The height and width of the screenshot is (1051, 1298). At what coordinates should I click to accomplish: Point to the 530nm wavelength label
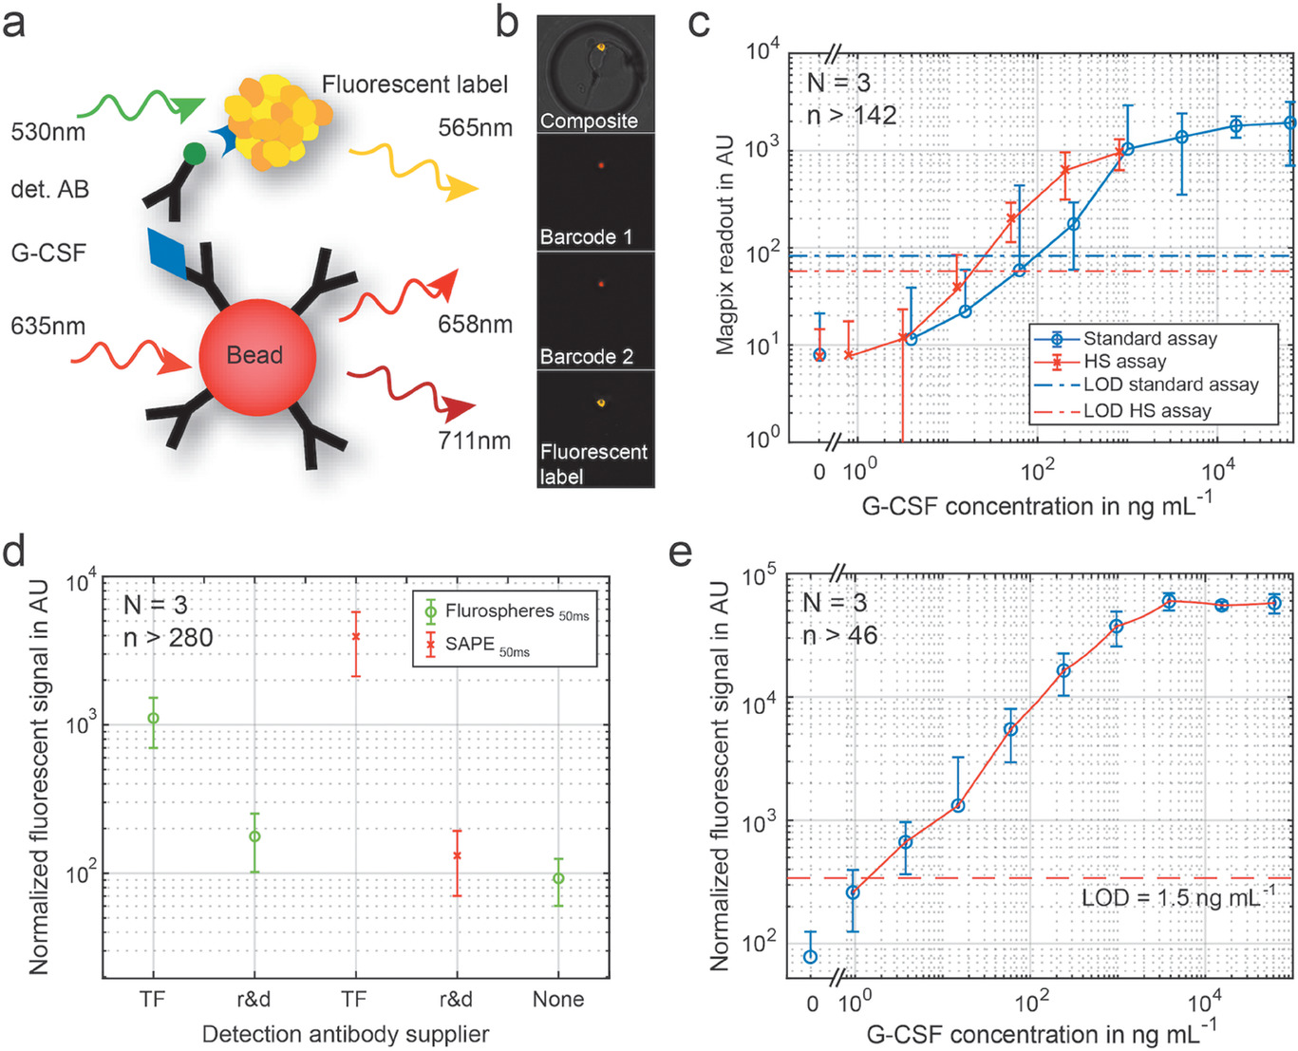click(x=47, y=132)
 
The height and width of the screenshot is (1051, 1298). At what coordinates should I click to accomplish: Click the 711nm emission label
click(x=474, y=441)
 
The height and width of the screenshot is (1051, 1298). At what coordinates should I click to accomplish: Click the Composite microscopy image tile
click(x=595, y=74)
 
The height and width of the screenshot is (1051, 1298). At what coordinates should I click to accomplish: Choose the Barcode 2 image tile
click(x=595, y=310)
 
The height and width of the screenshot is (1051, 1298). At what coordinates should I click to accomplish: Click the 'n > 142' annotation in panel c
click(x=851, y=116)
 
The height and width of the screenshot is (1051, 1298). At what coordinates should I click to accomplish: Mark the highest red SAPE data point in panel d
click(x=356, y=636)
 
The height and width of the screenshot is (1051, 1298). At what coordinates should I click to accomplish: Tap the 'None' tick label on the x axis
click(x=558, y=999)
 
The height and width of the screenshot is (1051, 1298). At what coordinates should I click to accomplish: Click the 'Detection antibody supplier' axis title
click(x=346, y=1034)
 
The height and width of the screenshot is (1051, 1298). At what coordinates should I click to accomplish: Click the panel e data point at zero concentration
click(x=810, y=956)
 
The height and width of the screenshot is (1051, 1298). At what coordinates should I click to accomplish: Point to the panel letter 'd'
click(x=15, y=552)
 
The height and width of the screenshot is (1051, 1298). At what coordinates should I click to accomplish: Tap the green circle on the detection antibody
click(x=194, y=152)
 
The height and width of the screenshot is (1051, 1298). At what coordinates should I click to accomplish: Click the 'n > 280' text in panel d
click(x=168, y=637)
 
